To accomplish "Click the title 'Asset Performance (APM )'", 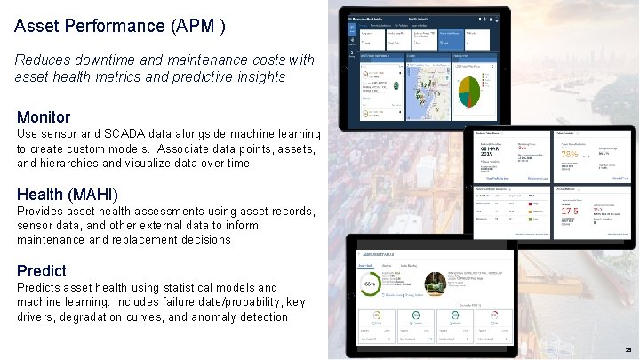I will click(x=119, y=26).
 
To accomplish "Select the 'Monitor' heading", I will click(x=44, y=116).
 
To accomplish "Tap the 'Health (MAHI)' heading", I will click(x=68, y=194).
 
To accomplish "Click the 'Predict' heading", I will click(x=42, y=270).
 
